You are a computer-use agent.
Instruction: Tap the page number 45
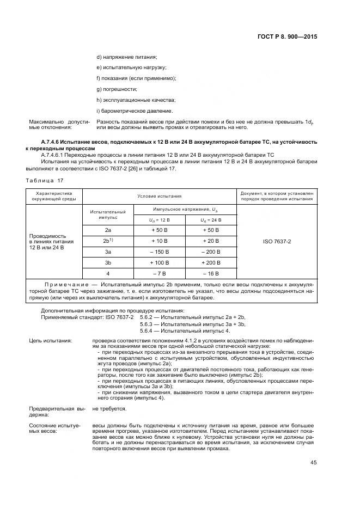tap(314, 463)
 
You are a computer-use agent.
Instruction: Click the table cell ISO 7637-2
tap(277, 241)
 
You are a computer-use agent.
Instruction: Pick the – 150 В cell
tap(161, 252)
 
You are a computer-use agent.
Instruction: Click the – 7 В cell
tap(161, 273)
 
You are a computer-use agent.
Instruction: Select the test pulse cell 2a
tap(108, 231)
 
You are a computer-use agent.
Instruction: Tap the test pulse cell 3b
tap(108, 262)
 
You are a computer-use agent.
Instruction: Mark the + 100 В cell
tap(161, 262)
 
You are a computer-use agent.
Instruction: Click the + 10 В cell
tap(161, 241)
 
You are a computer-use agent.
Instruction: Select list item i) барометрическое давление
tap(126, 110)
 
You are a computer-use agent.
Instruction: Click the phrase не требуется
tap(109, 408)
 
